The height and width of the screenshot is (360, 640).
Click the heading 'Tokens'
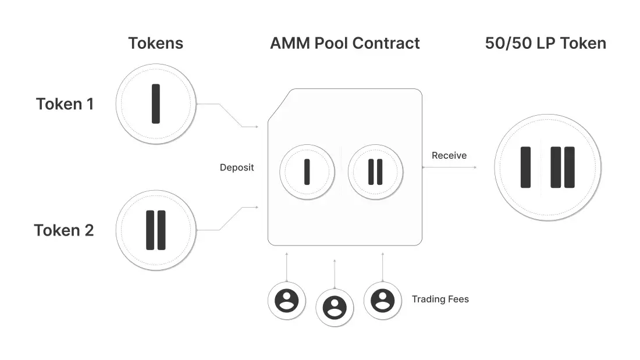coord(155,43)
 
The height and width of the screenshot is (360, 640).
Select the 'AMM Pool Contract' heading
coord(344,43)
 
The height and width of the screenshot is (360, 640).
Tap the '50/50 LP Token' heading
coord(545,43)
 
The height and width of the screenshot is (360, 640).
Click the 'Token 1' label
coord(65,104)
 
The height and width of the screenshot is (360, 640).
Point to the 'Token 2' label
coord(64,230)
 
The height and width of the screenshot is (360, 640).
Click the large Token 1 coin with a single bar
coord(155,104)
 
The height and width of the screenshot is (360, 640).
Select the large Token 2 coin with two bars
coord(155,230)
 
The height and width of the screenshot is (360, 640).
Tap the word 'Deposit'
coord(237,167)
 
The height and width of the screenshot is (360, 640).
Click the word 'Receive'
coord(449,156)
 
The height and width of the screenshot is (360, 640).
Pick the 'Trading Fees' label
coord(440,299)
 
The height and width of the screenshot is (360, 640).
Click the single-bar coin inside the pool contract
coord(307,172)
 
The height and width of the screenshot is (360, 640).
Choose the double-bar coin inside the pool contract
coord(375,172)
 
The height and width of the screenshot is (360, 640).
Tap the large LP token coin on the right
coord(547,167)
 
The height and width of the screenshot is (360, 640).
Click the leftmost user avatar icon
coord(286,301)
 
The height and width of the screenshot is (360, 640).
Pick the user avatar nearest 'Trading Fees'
coord(382,300)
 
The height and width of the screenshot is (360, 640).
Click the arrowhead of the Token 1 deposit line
coord(256,127)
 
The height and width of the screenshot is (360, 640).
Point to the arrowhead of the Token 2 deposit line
coord(256,207)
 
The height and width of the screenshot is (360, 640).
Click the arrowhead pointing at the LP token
coord(475,167)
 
